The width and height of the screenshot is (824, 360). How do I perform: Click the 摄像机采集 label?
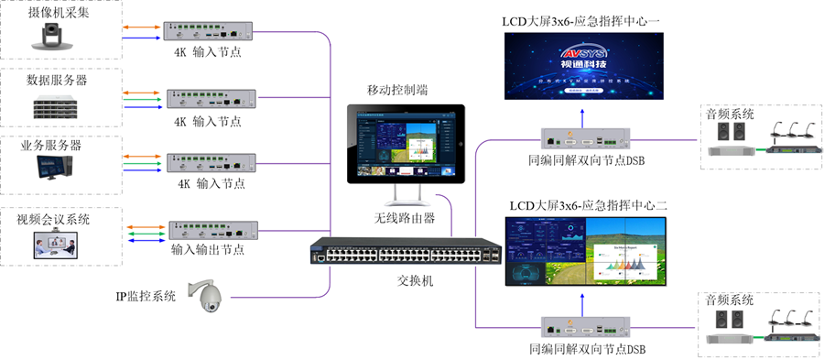[x=58, y=13]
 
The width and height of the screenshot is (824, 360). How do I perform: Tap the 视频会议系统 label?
[x=58, y=220]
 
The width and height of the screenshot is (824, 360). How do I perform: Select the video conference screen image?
[x=56, y=244]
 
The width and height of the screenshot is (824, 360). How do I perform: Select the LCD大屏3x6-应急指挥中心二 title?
[x=587, y=205]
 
